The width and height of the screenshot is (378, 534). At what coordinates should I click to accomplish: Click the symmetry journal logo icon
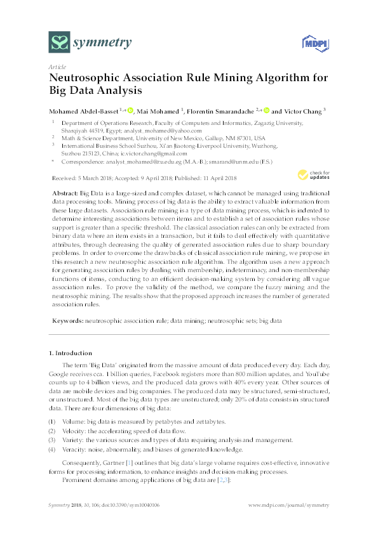click(x=60, y=43)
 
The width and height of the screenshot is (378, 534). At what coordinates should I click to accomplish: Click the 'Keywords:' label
click(x=66, y=322)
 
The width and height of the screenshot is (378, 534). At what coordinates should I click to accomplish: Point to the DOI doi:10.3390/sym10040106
click(x=125, y=505)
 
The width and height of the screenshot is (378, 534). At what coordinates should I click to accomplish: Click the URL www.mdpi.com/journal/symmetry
click(x=288, y=505)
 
